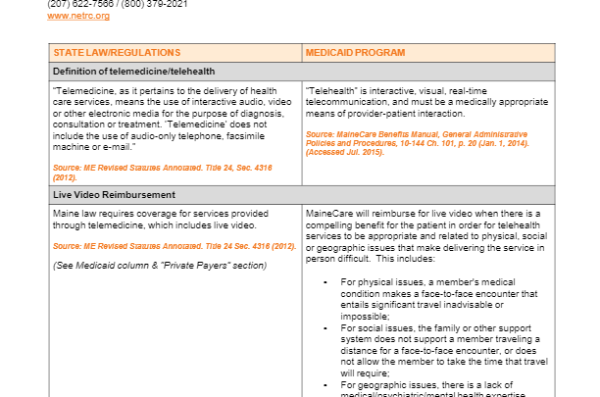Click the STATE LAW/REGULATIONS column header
pos(117,52)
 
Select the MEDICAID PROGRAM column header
pos(350,52)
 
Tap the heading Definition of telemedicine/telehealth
pos(133,72)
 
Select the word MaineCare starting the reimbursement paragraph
pos(328,213)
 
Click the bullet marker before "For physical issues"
pos(325,281)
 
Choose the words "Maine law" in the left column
pos(74,213)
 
